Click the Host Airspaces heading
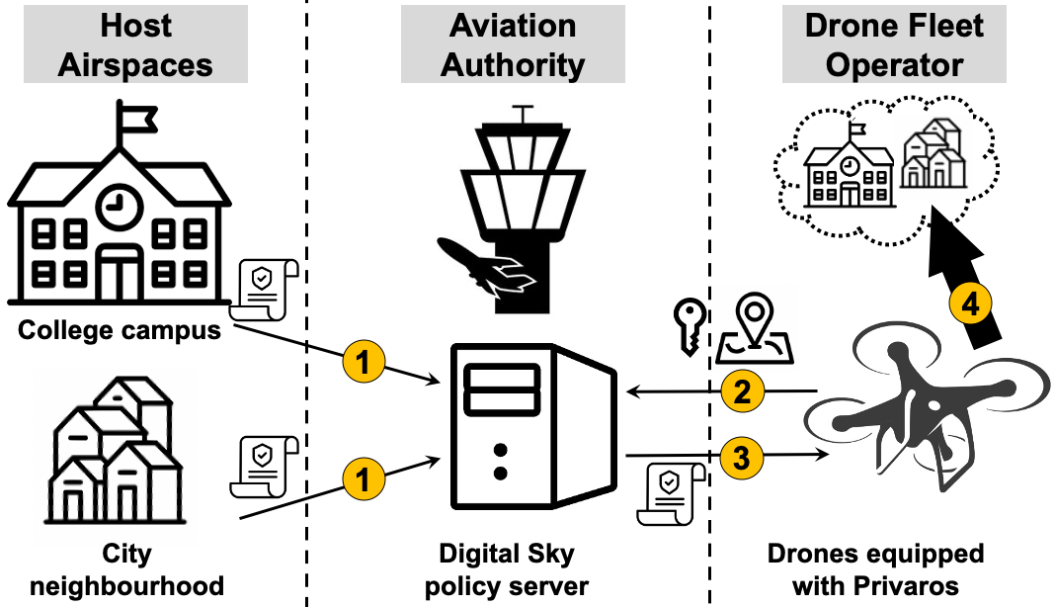[x=135, y=45]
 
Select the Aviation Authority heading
[x=513, y=45]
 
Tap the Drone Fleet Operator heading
[x=894, y=45]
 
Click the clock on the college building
[x=119, y=203]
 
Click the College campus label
[x=120, y=330]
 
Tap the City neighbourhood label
[x=126, y=568]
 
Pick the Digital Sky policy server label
[x=507, y=568]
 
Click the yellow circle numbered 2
[x=742, y=392]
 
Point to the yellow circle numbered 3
[x=742, y=456]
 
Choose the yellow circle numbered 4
[x=971, y=304]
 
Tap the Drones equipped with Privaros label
[x=875, y=568]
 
